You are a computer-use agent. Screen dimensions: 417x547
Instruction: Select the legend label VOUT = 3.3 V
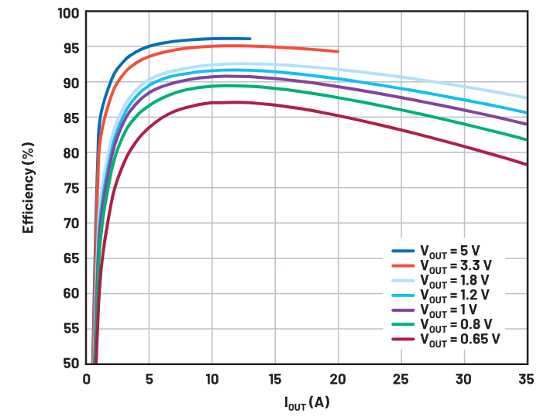tap(456, 265)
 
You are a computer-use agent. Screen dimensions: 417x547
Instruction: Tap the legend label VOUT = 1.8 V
tap(456, 280)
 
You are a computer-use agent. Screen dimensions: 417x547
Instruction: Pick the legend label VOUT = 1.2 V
tap(456, 295)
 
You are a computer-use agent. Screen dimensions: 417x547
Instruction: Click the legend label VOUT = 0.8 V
tap(456, 324)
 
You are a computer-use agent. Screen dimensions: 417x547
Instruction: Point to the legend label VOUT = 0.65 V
tap(459, 339)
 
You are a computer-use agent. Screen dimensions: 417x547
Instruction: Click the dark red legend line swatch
tap(403, 339)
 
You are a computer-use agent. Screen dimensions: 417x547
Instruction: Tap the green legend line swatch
tap(403, 324)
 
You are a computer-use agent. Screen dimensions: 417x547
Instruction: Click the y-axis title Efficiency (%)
tap(29, 187)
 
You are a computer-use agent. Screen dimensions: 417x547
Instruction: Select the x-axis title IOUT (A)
tap(307, 402)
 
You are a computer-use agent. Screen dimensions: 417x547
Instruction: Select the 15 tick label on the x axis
tap(275, 379)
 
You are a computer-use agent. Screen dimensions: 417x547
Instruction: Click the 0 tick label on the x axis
tap(87, 379)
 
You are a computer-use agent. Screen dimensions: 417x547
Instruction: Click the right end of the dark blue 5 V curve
tap(249, 39)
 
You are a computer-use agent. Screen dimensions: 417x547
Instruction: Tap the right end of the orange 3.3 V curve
tap(338, 52)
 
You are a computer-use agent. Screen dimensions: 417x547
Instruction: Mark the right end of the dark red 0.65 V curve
tap(527, 164)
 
